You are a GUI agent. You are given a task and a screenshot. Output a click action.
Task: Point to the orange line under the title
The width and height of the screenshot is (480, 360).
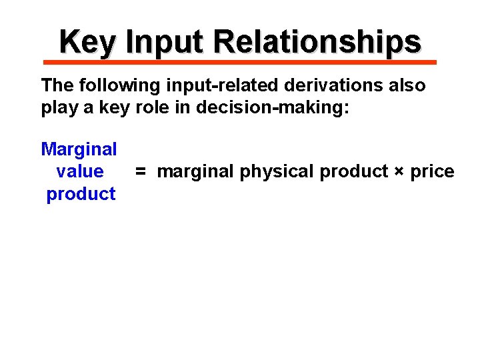click(x=240, y=62)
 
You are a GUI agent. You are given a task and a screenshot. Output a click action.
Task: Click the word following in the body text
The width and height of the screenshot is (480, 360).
click(x=109, y=86)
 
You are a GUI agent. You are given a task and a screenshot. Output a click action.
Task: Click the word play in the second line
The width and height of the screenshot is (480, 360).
click(x=60, y=109)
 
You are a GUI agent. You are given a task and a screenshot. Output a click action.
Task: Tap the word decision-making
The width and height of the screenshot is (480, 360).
click(x=273, y=109)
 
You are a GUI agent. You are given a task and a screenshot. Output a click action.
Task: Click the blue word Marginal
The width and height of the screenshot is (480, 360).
click(x=79, y=149)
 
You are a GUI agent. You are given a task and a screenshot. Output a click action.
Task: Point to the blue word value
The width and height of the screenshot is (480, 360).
click(x=80, y=172)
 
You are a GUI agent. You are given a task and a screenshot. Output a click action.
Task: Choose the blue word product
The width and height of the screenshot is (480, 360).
click(x=81, y=195)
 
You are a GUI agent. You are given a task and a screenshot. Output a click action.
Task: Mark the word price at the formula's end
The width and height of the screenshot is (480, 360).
click(x=432, y=172)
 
